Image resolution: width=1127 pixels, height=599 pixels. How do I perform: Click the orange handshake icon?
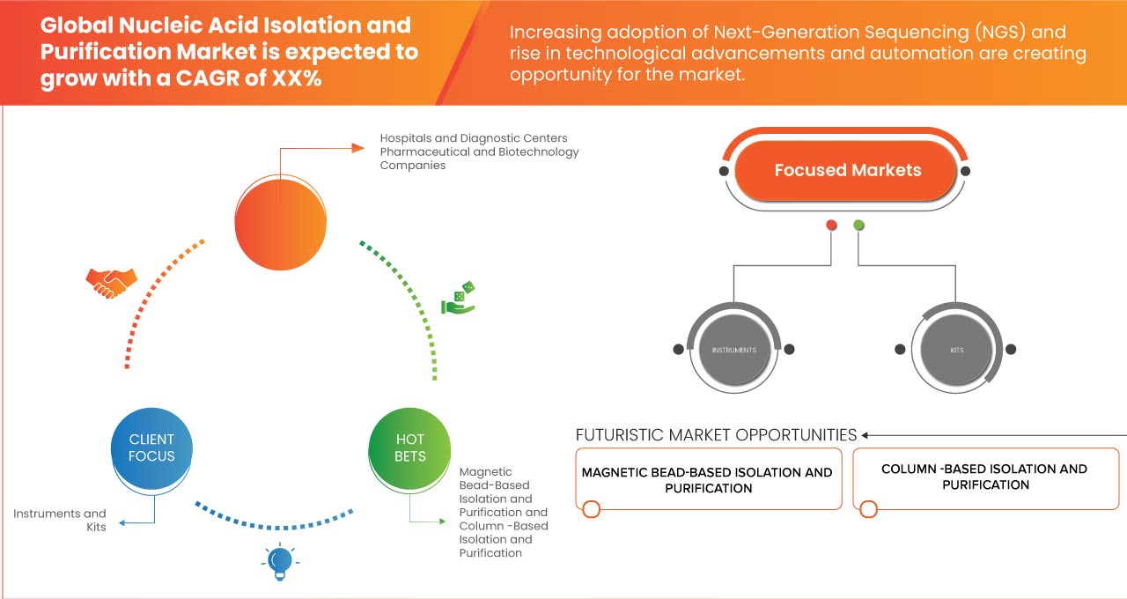pyautogui.click(x=111, y=282)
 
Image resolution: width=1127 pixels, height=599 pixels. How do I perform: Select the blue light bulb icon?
pyautogui.click(x=280, y=561)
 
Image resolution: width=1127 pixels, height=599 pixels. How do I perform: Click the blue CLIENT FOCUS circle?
pyautogui.click(x=151, y=447)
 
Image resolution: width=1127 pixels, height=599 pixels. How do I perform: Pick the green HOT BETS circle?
pyautogui.click(x=409, y=447)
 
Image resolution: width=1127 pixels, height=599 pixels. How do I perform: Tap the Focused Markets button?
pyautogui.click(x=846, y=171)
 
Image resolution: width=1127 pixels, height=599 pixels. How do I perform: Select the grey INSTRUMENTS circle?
pyautogui.click(x=733, y=350)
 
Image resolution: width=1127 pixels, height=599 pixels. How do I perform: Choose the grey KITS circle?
pyautogui.click(x=956, y=350)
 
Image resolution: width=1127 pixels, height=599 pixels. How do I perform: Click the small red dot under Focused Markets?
pyautogui.click(x=831, y=226)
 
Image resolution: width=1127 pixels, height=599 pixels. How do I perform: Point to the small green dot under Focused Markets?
pyautogui.click(x=858, y=226)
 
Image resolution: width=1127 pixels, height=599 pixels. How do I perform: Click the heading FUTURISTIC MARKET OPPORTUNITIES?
pyautogui.click(x=716, y=435)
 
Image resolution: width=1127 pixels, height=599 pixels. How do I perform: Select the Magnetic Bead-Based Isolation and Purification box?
pyautogui.click(x=708, y=480)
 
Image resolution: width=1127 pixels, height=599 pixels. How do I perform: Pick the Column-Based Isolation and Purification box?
pyautogui.click(x=984, y=477)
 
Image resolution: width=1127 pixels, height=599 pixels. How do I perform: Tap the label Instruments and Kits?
pyautogui.click(x=59, y=520)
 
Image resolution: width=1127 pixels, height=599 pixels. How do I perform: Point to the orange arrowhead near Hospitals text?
pyautogui.click(x=357, y=148)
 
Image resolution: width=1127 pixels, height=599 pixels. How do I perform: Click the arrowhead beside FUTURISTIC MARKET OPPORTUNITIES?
pyautogui.click(x=866, y=435)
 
